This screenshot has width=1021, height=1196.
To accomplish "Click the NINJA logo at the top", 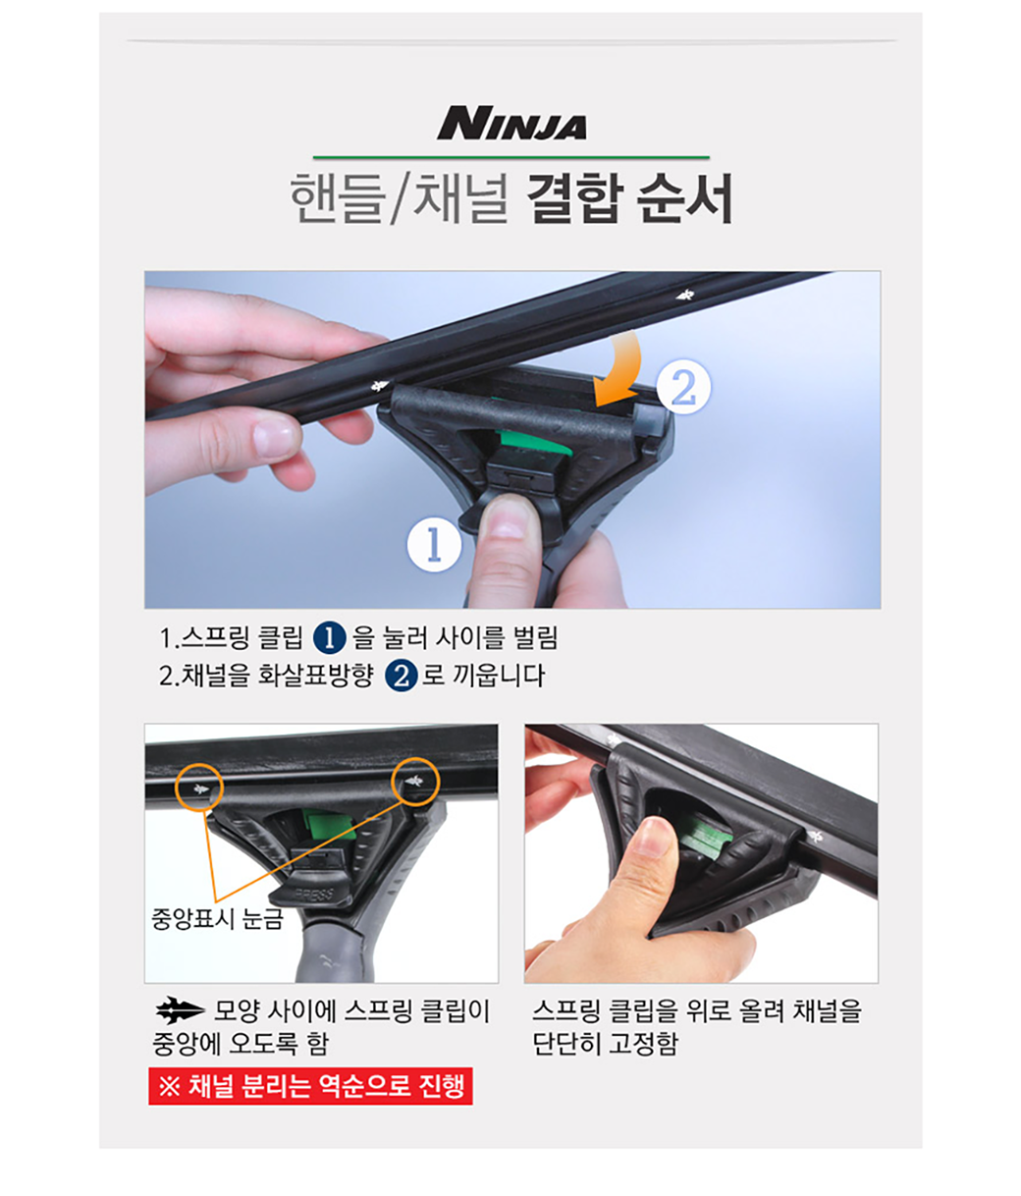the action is click(511, 123).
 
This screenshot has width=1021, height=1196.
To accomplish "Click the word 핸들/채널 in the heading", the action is click(399, 198).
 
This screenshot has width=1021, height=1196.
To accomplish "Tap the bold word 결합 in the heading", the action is click(574, 198).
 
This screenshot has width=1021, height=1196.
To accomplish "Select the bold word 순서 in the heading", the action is click(684, 198).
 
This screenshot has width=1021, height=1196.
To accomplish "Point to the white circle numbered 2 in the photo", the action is click(683, 387).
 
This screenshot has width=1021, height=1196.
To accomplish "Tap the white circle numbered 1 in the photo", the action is click(434, 544).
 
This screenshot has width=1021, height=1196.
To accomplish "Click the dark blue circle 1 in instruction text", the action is click(329, 639).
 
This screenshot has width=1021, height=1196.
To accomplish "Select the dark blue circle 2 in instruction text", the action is click(402, 677).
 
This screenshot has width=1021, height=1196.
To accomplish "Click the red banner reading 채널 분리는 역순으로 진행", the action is click(310, 1086).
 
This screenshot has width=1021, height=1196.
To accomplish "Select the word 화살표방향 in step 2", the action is click(316, 676).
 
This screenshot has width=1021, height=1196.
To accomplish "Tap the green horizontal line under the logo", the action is click(510, 157).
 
